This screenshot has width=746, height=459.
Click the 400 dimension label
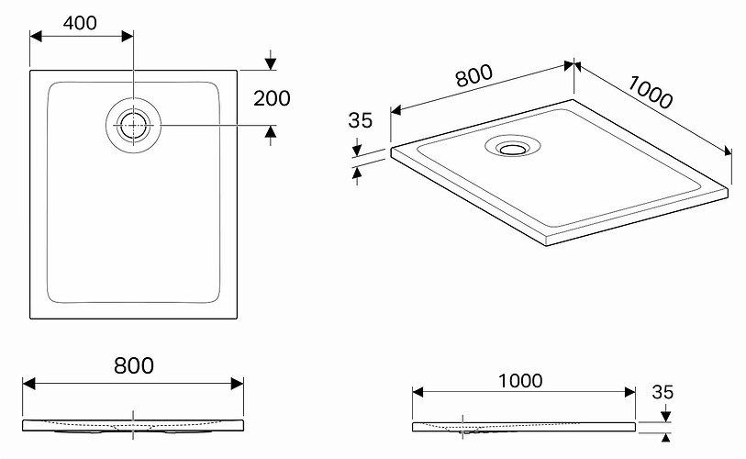(x=80, y=23)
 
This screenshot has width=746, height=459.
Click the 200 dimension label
(x=272, y=98)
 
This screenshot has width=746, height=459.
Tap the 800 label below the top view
(x=134, y=365)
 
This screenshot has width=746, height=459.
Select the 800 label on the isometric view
(x=473, y=76)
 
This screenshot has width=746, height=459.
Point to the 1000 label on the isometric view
(x=650, y=93)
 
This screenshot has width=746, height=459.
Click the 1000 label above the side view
(x=520, y=381)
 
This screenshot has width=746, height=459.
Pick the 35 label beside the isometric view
(x=360, y=120)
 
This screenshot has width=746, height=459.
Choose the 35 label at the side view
(x=662, y=392)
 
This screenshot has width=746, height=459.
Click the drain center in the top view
(x=133, y=125)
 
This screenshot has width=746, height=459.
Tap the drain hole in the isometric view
(x=512, y=149)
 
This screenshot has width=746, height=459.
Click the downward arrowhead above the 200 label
(x=271, y=64)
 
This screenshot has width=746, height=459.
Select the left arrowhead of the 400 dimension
(x=36, y=36)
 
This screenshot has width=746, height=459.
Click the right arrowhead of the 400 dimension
(x=128, y=36)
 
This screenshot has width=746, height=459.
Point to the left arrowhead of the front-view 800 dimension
(x=29, y=384)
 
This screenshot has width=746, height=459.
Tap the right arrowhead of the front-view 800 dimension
(x=237, y=384)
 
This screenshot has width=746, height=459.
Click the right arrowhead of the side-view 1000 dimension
(x=629, y=392)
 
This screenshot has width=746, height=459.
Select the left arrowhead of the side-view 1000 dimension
(x=418, y=392)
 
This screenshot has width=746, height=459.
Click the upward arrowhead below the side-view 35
(x=666, y=438)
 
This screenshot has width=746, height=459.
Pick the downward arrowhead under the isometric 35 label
(x=357, y=151)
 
